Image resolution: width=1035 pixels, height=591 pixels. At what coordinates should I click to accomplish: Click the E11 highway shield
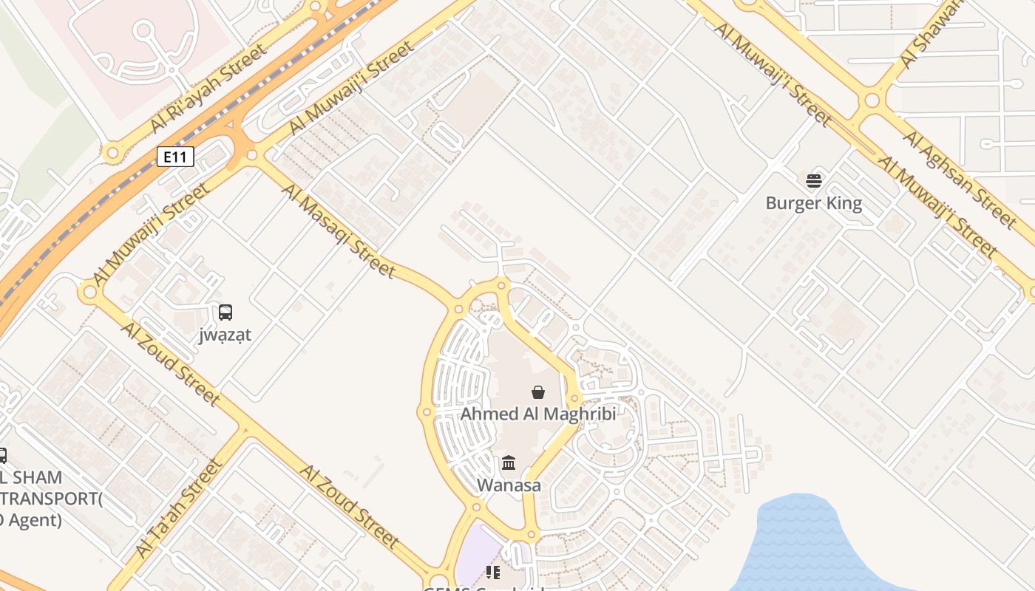(175, 156)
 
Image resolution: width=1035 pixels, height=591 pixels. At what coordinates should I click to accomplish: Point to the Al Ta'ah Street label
(178, 508)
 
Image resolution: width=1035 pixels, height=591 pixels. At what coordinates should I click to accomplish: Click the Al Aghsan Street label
(960, 180)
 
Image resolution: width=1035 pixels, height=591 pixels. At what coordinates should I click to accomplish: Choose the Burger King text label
(813, 203)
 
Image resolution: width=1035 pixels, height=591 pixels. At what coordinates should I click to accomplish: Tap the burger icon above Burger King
(814, 180)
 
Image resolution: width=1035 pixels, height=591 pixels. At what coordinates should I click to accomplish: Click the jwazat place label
(225, 335)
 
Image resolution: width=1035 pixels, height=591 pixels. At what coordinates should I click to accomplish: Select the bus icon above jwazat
(225, 312)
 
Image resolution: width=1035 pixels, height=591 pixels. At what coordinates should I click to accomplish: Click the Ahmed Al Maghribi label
(538, 414)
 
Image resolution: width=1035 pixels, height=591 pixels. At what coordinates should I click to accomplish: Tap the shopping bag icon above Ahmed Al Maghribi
(538, 392)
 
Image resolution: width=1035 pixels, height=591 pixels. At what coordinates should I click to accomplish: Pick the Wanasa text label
(509, 485)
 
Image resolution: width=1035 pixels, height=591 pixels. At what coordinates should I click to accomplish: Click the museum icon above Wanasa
(509, 463)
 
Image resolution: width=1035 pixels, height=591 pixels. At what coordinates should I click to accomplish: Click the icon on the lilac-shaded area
(493, 572)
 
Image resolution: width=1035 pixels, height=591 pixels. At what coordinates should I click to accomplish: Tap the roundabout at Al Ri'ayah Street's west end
(112, 154)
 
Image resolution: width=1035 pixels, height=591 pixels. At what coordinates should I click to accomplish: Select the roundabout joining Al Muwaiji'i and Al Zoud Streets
(90, 293)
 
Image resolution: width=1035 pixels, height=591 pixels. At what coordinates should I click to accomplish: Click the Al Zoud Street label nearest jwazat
(171, 363)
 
